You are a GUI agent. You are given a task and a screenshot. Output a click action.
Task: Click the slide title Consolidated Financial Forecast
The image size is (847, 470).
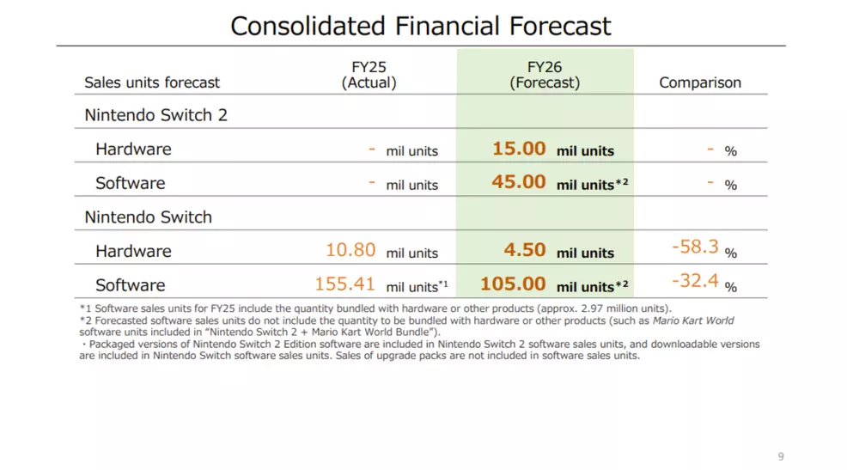pos(421,25)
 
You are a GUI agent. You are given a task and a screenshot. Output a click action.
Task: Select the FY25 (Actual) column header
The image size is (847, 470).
pos(369,75)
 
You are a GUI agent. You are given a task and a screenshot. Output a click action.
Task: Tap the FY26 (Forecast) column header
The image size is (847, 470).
pos(545,75)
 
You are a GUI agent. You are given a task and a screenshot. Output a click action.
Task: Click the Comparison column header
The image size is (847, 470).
pos(699,82)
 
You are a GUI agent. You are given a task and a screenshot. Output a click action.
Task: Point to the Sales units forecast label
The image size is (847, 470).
pos(152,82)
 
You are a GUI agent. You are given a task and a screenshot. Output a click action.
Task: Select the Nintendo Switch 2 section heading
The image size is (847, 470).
pos(155,115)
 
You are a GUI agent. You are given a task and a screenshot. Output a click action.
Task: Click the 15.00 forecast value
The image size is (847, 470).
pos(519,149)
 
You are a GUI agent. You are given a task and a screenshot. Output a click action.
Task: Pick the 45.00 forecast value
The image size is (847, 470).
pos(519,182)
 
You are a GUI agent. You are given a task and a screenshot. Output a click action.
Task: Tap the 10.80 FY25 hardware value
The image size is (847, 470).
pos(350,250)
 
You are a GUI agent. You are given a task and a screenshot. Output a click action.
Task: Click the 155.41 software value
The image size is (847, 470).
pos(345,284)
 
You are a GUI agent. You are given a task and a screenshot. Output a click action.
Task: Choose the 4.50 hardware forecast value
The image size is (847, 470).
pos(525,250)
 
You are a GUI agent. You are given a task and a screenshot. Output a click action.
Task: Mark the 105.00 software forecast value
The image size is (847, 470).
pos(513,284)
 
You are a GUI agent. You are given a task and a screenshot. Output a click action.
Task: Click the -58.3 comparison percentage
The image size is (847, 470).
pos(694,247)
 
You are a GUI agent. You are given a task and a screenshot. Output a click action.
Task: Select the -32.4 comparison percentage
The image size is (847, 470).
pos(694,281)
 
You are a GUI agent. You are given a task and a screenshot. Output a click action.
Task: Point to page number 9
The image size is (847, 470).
pos(780,456)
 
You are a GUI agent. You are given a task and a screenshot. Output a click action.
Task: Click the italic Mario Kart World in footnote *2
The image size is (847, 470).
pos(693,320)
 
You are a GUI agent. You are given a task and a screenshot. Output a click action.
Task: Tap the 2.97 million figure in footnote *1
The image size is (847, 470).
pos(609,308)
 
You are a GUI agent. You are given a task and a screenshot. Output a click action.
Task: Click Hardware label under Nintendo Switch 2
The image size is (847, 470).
pos(133,149)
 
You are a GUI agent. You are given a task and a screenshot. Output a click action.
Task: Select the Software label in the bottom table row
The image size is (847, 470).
pos(130,284)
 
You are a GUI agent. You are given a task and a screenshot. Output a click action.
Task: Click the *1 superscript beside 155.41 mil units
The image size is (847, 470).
pos(443,283)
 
